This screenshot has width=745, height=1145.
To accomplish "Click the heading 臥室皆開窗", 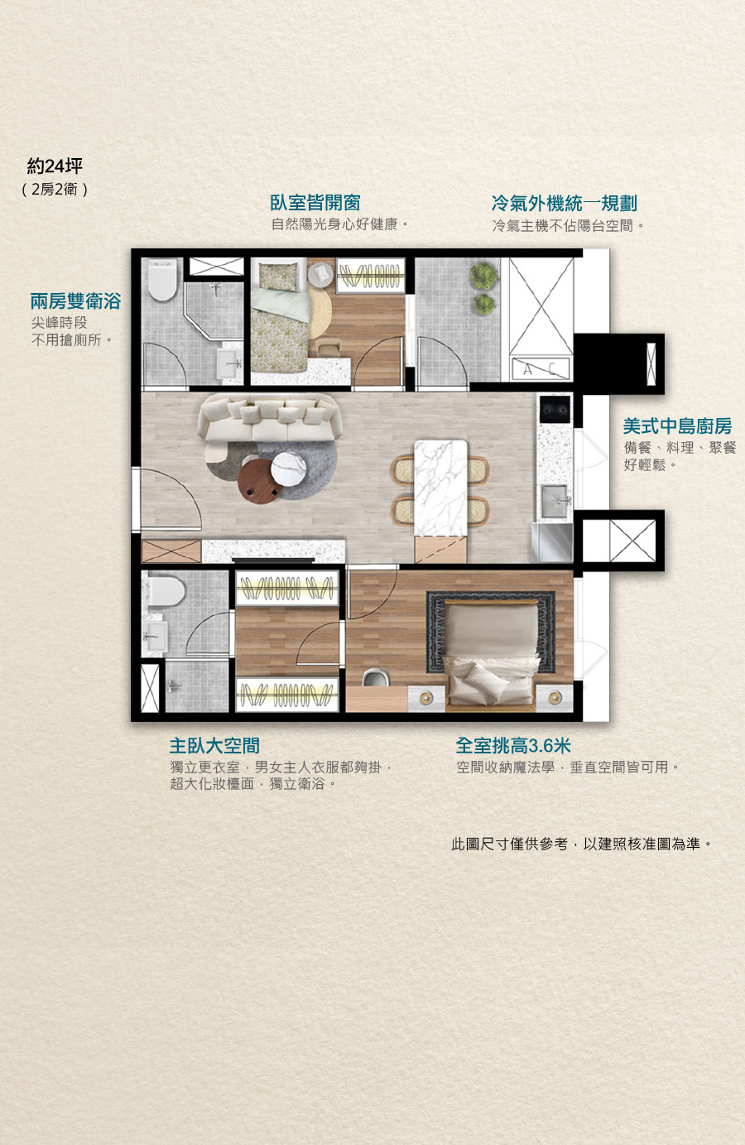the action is click(315, 203).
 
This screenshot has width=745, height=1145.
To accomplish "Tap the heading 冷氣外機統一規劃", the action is click(564, 204).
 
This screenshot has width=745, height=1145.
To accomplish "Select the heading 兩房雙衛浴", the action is click(75, 301).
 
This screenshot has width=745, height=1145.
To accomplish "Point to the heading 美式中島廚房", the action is click(677, 426).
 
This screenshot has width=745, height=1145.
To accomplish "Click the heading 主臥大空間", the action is click(214, 746).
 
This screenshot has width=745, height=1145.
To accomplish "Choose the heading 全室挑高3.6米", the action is click(513, 746).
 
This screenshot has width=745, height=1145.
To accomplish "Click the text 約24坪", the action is click(55, 166).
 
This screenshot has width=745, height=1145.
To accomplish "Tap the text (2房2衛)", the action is click(55, 190).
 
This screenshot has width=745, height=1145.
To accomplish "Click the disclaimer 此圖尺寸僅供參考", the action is click(509, 844).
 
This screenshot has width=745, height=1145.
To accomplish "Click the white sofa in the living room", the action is click(270, 418).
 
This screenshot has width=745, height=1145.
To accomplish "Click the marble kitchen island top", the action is click(440, 488).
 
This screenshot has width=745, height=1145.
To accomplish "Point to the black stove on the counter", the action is click(555, 410).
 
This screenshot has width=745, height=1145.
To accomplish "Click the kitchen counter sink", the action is click(555, 502).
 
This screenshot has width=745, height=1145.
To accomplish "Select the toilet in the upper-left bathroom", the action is click(162, 280).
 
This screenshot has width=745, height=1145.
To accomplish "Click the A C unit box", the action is click(541, 369).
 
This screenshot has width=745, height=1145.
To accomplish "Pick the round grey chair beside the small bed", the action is click(320, 274).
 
